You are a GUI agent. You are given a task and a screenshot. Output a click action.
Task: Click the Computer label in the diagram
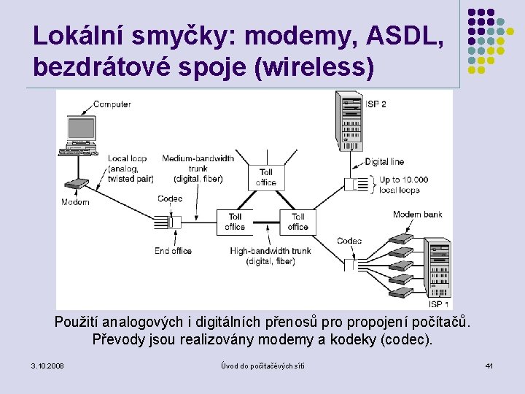click(x=112, y=104)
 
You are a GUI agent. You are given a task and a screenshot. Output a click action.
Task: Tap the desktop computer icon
click(x=79, y=135)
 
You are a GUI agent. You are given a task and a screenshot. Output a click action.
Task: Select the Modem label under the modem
click(x=75, y=202)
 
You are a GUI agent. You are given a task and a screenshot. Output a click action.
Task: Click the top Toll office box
click(x=266, y=177)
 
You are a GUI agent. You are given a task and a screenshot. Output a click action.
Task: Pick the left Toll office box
click(x=235, y=222)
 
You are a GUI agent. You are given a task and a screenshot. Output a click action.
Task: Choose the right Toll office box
click(x=297, y=222)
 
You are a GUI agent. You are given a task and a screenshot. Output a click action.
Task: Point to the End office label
click(x=173, y=251)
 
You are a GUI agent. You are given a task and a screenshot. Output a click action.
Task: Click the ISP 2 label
click(x=376, y=104)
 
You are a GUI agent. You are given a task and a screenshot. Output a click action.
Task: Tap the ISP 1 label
click(x=439, y=304)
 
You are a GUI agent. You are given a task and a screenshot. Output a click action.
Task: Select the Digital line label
click(x=384, y=162)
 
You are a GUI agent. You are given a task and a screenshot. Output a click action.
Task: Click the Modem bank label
click(x=417, y=215)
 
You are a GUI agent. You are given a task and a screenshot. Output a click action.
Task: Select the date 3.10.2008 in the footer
click(x=47, y=365)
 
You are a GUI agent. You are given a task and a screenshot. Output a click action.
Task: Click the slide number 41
click(x=489, y=365)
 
